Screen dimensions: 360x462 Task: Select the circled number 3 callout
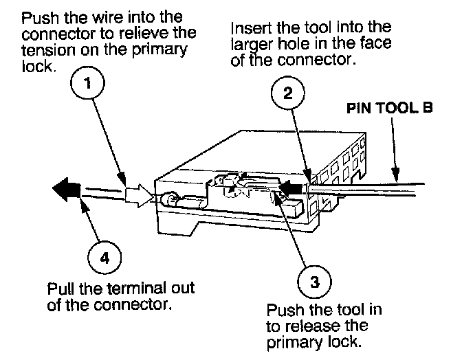(312, 281)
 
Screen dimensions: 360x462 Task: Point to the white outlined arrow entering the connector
(139, 195)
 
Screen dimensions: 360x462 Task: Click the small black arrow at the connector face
(293, 185)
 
